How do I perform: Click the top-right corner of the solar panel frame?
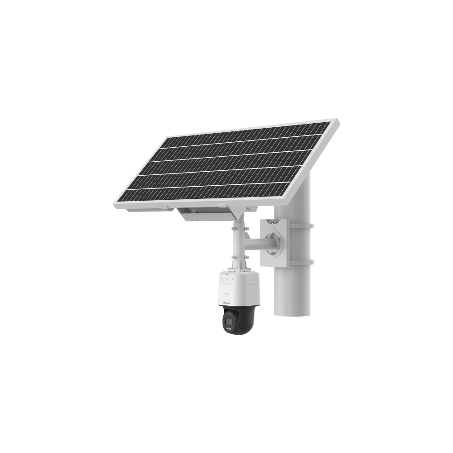337,121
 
